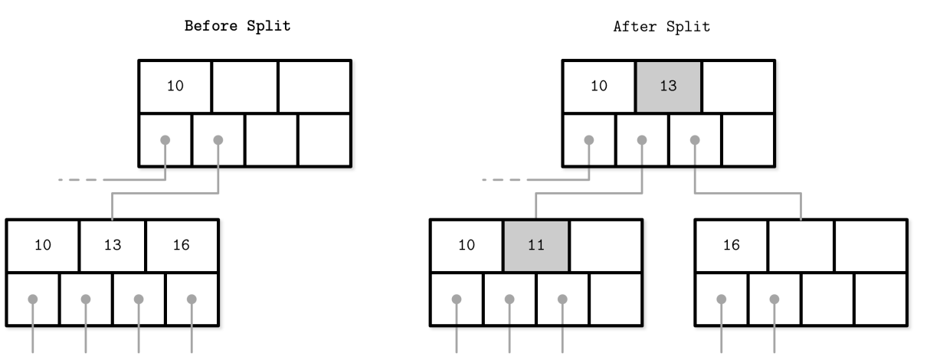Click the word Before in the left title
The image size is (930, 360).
[x=211, y=26]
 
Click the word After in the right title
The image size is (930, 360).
[x=635, y=27]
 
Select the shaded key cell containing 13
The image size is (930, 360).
[x=669, y=87]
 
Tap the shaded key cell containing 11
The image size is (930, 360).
[x=536, y=245]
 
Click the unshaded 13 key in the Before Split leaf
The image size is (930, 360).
[x=113, y=245]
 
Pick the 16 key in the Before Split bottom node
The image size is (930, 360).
[x=182, y=245]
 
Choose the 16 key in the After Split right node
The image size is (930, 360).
[x=732, y=245]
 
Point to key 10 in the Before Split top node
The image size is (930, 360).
[x=175, y=86]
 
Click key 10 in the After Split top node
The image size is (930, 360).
[x=599, y=86]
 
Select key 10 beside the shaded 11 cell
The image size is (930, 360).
[x=467, y=245]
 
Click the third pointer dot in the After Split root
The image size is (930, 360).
[x=695, y=140]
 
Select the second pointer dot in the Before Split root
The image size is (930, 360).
[x=218, y=140]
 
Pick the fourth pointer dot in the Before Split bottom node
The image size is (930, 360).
[x=192, y=299]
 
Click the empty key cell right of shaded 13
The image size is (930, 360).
[x=738, y=87]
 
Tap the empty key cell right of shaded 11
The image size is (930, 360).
[x=606, y=245]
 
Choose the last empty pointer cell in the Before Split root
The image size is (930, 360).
[x=324, y=140]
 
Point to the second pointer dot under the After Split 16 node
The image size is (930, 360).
[x=774, y=299]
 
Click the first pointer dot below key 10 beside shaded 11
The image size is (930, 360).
[x=457, y=299]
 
